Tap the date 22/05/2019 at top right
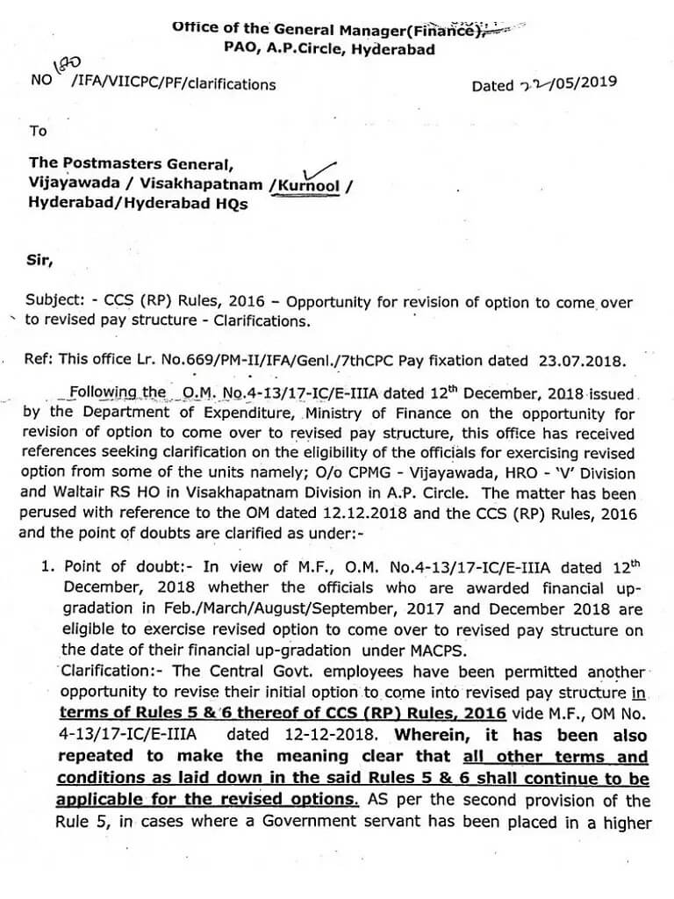click(x=543, y=84)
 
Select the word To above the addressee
click(x=38, y=131)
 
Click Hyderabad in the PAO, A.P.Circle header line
click(x=392, y=50)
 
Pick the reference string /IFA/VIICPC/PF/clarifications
click(x=172, y=85)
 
